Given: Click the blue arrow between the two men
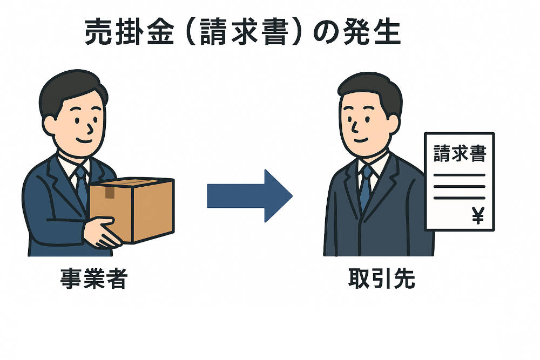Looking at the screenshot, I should pyautogui.click(x=248, y=195).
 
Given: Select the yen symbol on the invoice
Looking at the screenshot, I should pyautogui.click(x=478, y=216).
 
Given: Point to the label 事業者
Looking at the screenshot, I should pyautogui.click(x=93, y=281).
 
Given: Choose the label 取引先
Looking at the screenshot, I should pyautogui.click(x=382, y=281).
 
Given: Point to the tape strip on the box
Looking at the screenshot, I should pyautogui.click(x=110, y=192).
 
